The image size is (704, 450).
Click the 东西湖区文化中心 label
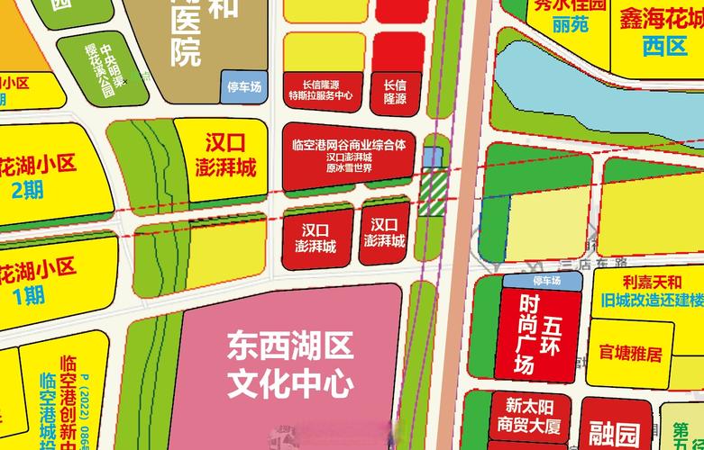(289, 364)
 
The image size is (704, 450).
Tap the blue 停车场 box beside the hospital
(243, 87)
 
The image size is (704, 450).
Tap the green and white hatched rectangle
(434, 190)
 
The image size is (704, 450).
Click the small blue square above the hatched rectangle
(434, 157)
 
